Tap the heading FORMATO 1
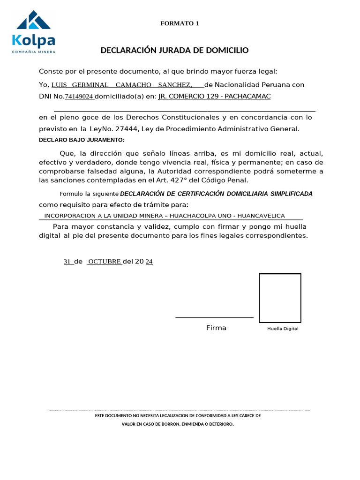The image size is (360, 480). pos(180,23)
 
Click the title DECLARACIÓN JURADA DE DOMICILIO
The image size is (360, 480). pos(174,50)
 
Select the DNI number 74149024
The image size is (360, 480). pos(79,97)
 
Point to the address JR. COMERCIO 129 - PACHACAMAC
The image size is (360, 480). pos(215,97)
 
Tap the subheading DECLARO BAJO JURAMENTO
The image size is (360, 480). pos(82,140)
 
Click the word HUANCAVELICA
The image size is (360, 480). pos(261,216)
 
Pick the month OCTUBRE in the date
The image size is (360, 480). pos(105,262)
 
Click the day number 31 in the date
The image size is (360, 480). pos(67,262)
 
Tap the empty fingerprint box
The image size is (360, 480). pos(280,298)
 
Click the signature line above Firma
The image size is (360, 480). pos(214,317)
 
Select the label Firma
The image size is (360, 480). pos(216,328)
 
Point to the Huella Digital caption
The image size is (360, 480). pos(283,329)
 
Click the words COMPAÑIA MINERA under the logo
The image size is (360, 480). pos(34,52)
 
